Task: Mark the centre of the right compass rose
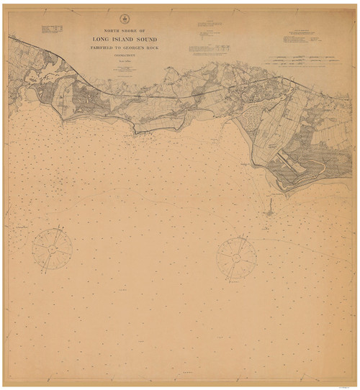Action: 235,255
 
